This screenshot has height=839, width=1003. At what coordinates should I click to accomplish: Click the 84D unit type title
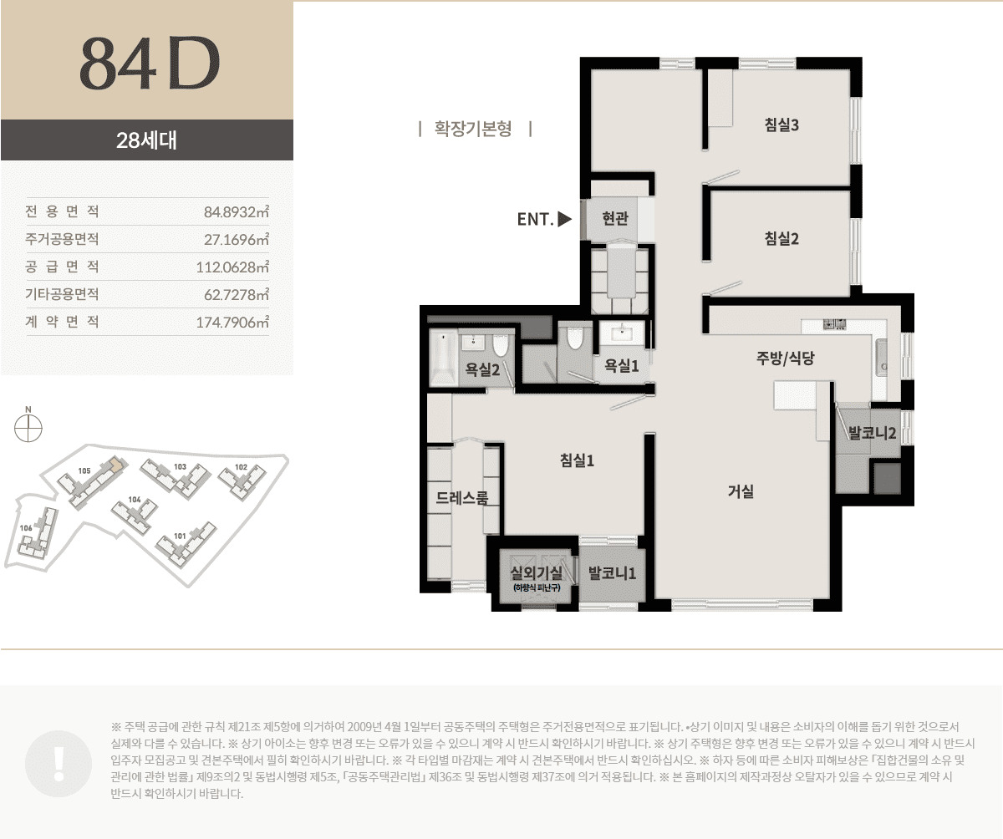[148, 64]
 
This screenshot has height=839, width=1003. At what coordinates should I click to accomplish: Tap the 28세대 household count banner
[146, 140]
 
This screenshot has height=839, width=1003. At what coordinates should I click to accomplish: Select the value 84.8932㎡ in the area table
[237, 211]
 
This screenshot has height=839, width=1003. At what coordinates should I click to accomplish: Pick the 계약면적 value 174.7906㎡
[232, 322]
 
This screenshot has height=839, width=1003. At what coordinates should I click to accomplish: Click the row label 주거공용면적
[63, 239]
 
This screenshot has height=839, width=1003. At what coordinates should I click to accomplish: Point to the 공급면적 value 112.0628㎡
[232, 267]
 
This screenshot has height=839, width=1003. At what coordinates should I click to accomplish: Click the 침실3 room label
[782, 125]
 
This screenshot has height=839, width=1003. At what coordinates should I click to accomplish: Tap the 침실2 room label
[782, 238]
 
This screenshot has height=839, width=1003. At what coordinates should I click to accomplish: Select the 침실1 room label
[577, 459]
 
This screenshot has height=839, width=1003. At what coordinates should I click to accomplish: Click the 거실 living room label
[741, 491]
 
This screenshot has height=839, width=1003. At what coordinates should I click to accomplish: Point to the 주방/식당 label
[784, 358]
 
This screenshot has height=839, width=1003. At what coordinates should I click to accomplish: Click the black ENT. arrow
[564, 220]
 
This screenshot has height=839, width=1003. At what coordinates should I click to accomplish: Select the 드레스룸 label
[462, 498]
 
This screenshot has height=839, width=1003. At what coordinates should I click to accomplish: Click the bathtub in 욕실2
[442, 358]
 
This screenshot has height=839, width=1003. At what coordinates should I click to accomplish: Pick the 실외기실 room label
[536, 573]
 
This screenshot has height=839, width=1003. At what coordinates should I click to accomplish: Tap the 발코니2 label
[872, 434]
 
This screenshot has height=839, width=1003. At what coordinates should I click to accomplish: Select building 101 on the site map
[182, 542]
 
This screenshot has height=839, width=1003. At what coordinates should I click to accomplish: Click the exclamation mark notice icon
[59, 761]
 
